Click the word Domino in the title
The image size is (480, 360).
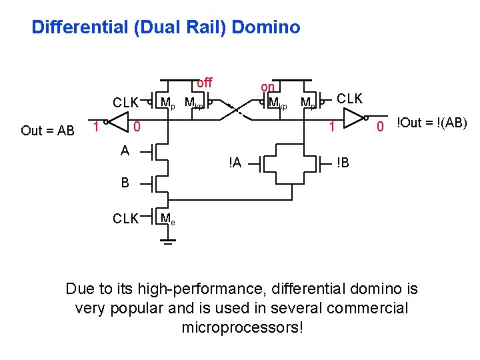268,27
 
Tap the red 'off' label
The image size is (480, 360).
204,83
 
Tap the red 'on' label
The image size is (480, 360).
267,87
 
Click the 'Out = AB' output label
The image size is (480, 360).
47,131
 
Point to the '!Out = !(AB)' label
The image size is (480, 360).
432,123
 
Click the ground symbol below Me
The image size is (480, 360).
169,243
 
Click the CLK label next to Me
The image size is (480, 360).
125,219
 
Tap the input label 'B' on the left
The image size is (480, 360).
125,182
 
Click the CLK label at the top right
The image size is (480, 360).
349,99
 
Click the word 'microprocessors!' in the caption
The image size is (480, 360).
242,327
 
